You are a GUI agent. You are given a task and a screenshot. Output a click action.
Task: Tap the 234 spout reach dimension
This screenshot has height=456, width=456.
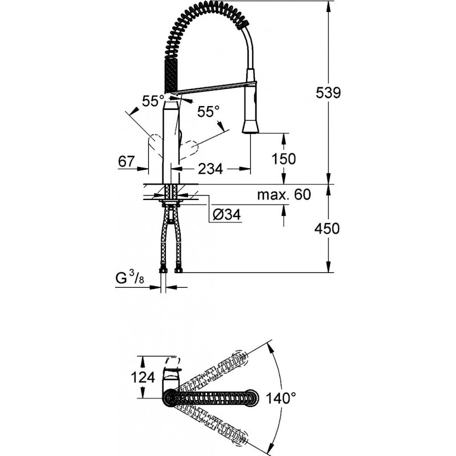[x=210, y=169]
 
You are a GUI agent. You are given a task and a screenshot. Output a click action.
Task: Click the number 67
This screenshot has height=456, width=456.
[x=127, y=162]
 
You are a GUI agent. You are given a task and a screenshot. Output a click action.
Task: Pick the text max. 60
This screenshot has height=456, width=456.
[x=283, y=195]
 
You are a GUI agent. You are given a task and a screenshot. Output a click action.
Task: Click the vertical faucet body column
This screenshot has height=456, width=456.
[x=172, y=137]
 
